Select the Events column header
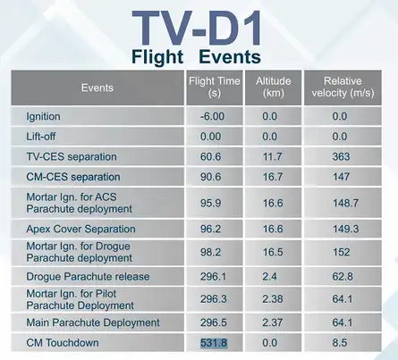[x=97, y=88]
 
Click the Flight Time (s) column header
[x=214, y=87]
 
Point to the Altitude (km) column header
[x=273, y=87]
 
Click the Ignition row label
[x=42, y=117]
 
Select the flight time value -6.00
[x=214, y=117]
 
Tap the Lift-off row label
[x=42, y=137]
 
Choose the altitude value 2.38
[x=273, y=300]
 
